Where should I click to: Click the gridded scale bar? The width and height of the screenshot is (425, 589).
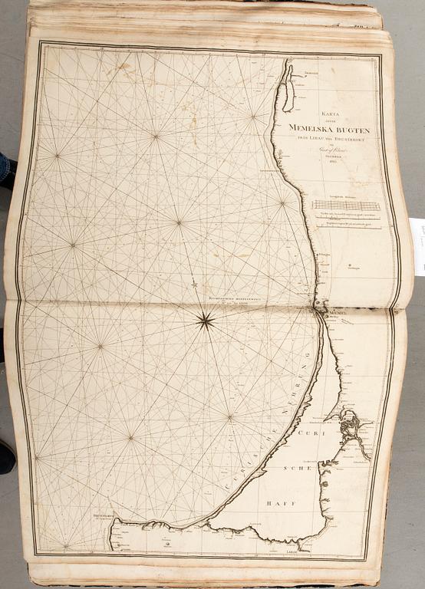(x=346, y=205)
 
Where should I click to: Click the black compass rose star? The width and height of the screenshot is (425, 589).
(x=205, y=321)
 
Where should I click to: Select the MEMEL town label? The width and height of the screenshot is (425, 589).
(x=338, y=315)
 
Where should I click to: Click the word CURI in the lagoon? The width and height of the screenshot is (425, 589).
(x=302, y=434)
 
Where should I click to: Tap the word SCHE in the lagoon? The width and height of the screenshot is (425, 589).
(x=296, y=467)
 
